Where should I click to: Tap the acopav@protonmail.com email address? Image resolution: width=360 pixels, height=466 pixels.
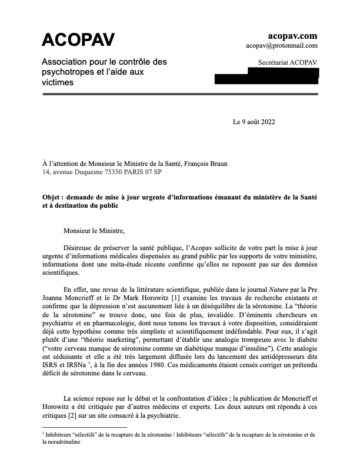click(282, 45)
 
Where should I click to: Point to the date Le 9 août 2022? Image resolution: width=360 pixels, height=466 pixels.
click(254, 122)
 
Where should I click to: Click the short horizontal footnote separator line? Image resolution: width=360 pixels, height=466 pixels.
click(84, 427)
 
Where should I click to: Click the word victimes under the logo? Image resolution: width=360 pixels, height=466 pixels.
click(58, 83)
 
